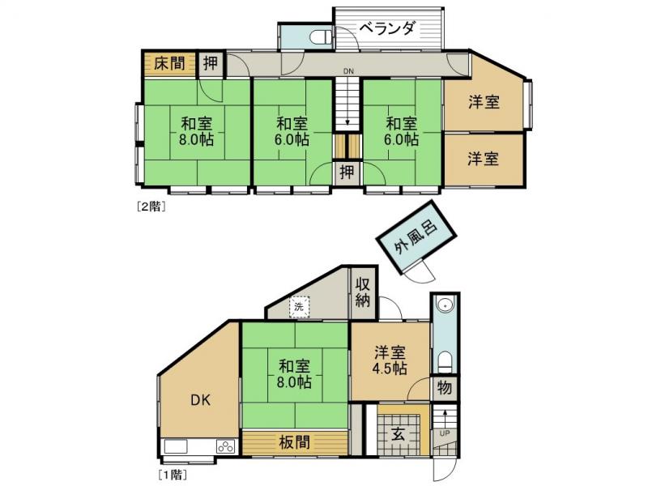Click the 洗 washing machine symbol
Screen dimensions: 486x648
click(x=299, y=307)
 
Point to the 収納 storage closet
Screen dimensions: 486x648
click(x=363, y=293)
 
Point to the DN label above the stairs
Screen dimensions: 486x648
click(x=347, y=72)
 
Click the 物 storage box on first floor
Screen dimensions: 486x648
click(x=445, y=387)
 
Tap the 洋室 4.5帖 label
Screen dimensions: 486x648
click(x=390, y=360)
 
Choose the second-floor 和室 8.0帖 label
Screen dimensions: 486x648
click(x=197, y=131)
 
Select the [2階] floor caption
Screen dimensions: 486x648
click(x=151, y=206)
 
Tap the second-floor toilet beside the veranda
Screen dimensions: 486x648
click(x=320, y=36)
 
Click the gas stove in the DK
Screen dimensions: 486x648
click(x=224, y=446)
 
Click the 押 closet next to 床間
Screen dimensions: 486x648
click(x=211, y=63)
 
